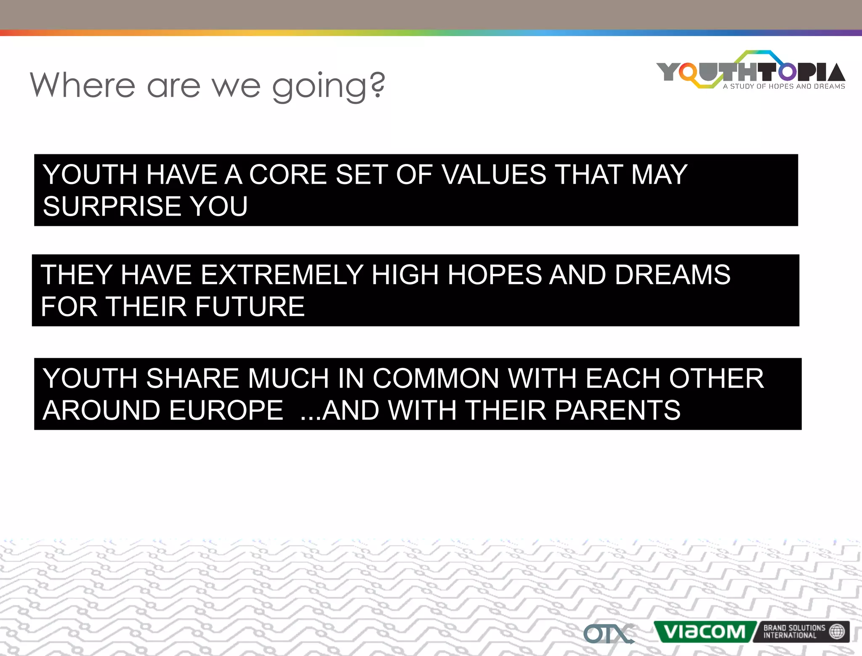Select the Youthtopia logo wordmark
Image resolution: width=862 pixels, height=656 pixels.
[750, 71]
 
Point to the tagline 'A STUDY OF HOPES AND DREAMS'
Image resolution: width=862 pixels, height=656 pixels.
[784, 86]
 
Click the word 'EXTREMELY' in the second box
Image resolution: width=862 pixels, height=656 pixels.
[282, 275]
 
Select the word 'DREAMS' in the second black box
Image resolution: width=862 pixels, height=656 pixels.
[672, 275]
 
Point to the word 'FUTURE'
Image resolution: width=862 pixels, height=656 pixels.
[250, 306]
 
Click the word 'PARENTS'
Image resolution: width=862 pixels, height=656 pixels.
[617, 410]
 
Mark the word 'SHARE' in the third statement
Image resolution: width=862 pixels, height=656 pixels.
[192, 378]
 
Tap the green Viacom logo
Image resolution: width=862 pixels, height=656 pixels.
[704, 632]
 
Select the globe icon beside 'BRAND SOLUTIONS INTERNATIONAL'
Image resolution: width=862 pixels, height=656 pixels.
[837, 631]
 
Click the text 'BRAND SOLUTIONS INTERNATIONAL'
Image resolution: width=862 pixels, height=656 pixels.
[794, 632]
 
